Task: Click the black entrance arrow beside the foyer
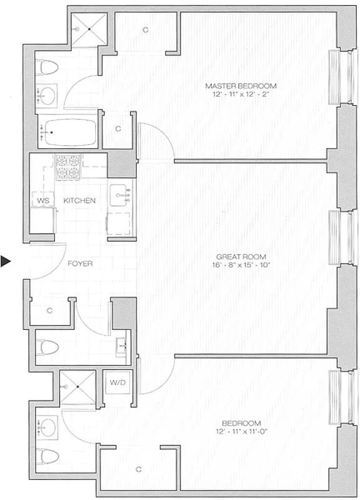click(6, 262)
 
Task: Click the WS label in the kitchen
click(43, 201)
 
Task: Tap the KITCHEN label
click(79, 201)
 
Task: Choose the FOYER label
click(81, 264)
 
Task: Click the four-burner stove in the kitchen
click(68, 167)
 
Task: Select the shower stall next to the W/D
click(79, 387)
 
